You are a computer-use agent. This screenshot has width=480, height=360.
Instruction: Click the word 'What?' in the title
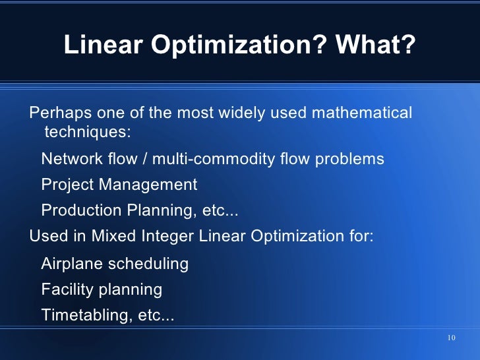pos(375,45)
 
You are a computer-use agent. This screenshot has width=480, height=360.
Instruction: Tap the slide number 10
pos(451,338)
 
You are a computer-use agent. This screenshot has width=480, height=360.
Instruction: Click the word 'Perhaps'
pos(58,113)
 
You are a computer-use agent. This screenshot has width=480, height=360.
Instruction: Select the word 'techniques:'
pos(87,132)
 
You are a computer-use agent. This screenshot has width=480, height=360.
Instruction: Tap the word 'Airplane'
pos(72,264)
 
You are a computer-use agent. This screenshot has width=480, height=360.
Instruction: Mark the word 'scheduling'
pos(148,264)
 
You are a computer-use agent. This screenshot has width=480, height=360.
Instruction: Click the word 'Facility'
pos(67,289)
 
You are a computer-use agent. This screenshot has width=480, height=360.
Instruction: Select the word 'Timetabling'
pos(86,315)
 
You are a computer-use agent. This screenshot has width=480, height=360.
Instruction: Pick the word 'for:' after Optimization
pos(359,236)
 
